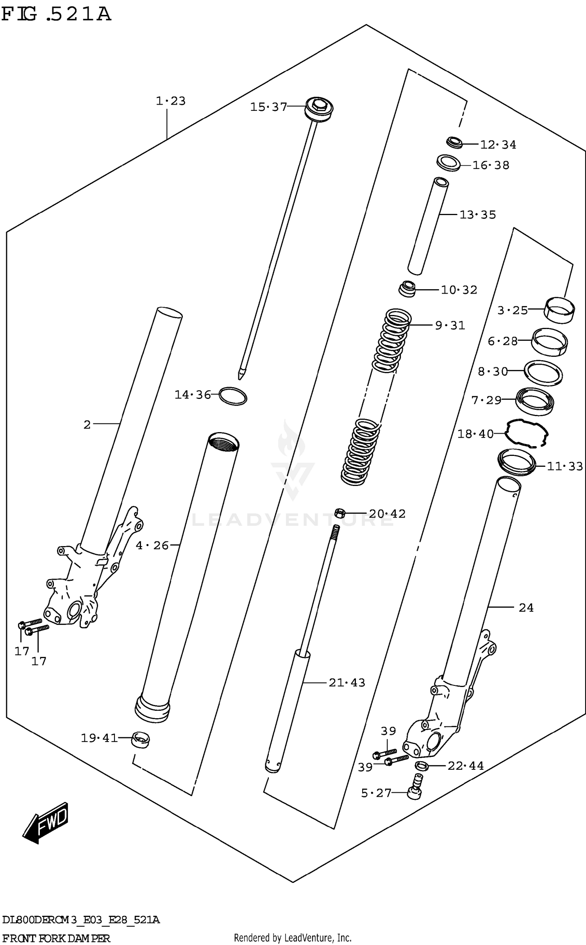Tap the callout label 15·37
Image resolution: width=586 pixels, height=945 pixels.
coord(268,107)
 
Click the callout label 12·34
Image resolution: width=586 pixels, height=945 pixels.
coord(498,145)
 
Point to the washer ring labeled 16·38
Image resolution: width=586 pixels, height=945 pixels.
coord(448,162)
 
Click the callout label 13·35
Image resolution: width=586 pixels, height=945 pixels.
coord(477,215)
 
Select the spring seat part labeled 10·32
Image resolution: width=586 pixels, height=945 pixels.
coord(406,289)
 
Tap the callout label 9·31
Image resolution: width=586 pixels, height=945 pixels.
coord(450,325)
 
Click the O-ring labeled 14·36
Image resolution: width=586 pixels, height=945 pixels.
coord(233,396)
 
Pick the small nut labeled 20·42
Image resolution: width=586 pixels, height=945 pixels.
coord(340,513)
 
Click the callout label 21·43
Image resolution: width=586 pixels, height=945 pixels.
coord(347,683)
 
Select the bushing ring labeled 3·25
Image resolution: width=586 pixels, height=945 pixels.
coord(559,310)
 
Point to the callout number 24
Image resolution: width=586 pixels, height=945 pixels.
coord(526,608)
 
